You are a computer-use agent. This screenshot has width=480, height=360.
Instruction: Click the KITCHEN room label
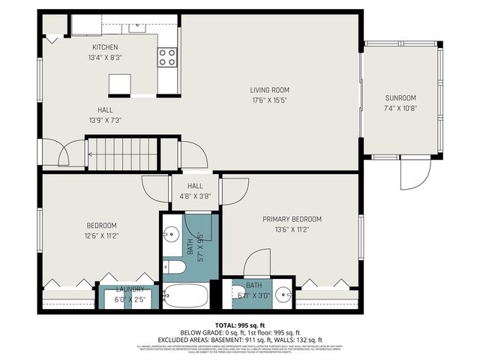point(105,47)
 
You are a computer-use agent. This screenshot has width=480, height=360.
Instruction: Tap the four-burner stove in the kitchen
point(167,58)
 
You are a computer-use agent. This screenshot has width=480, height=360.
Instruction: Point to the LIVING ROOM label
point(270,90)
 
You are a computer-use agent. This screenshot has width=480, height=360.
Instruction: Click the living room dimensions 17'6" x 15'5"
point(270,100)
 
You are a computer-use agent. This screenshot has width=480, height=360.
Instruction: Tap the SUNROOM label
point(400,97)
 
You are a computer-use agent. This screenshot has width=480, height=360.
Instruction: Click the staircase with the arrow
point(121,154)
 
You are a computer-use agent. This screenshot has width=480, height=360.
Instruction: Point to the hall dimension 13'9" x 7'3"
point(105,120)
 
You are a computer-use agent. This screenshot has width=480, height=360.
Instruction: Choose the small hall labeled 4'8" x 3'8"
point(195,191)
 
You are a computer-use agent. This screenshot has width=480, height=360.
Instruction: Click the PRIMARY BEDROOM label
point(292,219)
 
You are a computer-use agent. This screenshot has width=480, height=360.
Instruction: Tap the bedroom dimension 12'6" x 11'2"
point(100,235)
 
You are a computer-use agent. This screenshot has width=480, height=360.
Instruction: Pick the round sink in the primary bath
point(283,293)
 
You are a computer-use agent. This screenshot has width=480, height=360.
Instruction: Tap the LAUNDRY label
point(130,289)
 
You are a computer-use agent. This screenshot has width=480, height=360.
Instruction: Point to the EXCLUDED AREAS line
point(239,340)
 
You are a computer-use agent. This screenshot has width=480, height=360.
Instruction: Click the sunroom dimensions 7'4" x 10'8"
point(400,108)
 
